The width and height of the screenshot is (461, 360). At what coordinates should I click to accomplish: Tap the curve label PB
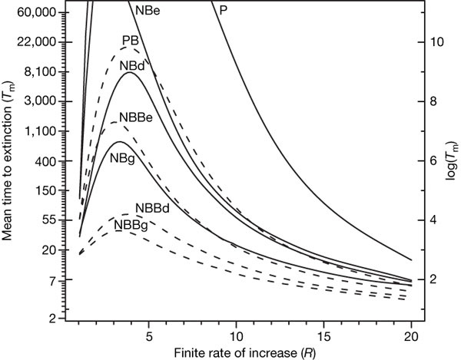point(131,41)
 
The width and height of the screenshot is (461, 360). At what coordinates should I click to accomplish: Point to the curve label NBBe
point(135,118)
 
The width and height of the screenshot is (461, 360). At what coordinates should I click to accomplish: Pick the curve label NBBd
point(152,208)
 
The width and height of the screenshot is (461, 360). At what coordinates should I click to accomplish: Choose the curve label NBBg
point(131,225)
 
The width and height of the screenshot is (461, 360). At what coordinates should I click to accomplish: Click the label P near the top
point(223,11)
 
